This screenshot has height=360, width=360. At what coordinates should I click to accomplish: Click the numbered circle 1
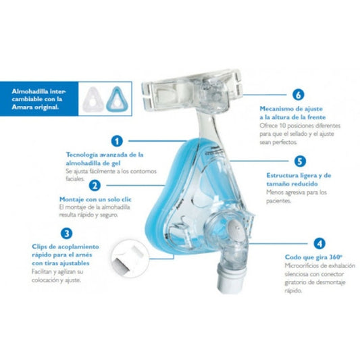point(117,141)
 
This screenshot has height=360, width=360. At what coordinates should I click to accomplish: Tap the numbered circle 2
point(95,185)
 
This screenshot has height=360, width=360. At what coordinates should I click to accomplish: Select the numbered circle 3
point(67,234)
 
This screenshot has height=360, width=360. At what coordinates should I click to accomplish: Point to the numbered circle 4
point(319,243)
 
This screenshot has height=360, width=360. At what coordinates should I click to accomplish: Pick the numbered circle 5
point(300,161)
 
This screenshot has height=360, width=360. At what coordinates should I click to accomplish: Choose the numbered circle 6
point(299,95)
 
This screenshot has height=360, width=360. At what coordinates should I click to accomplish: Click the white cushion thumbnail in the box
point(93,99)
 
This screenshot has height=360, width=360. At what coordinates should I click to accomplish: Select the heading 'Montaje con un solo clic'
point(95,199)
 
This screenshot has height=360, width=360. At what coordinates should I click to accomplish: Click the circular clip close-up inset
point(130,258)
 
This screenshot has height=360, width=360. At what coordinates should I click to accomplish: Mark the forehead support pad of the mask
point(192,90)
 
